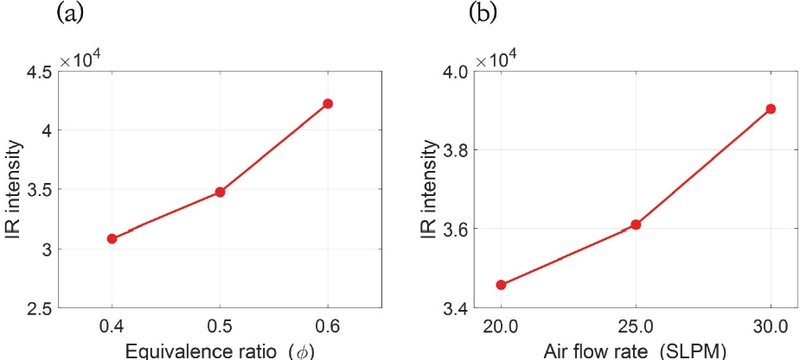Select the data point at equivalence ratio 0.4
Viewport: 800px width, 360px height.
pyautogui.click(x=112, y=239)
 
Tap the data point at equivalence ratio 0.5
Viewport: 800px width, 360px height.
pyautogui.click(x=220, y=192)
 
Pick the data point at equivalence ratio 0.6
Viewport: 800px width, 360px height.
pyautogui.click(x=327, y=104)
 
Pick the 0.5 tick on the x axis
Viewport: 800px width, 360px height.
pyautogui.click(x=220, y=327)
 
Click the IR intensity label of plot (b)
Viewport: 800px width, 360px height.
pyautogui.click(x=427, y=190)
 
